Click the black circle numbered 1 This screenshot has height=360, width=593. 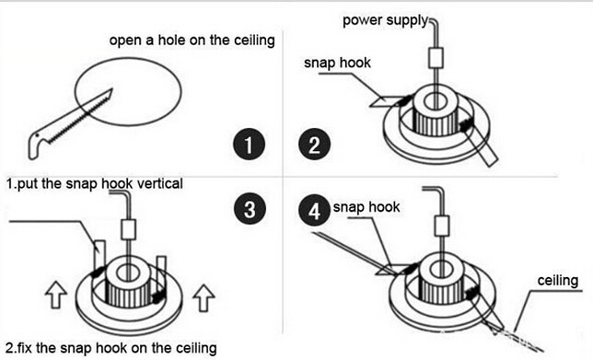click(x=249, y=144)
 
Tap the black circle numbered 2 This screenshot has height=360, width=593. click(x=314, y=144)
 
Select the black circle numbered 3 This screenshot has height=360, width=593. click(x=250, y=208)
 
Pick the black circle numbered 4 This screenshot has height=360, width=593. click(x=314, y=210)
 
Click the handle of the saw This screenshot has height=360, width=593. click(x=38, y=143)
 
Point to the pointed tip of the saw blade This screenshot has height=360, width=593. click(x=112, y=89)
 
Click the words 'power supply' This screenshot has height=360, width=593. click(x=386, y=20)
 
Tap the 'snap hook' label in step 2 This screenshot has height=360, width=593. click(x=337, y=63)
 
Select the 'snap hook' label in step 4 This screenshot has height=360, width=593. click(x=366, y=207)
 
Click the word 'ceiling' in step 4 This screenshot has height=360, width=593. click(x=558, y=281)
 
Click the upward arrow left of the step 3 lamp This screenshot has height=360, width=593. click(x=56, y=295)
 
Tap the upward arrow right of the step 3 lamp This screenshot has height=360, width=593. click(x=203, y=297)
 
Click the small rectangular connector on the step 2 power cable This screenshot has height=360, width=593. click(x=436, y=58)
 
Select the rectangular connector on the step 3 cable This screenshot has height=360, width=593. click(x=128, y=229)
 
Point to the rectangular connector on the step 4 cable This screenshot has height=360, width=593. click(x=442, y=226)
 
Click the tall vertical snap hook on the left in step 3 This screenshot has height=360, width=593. click(x=99, y=257)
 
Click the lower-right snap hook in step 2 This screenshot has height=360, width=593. click(x=480, y=143)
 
